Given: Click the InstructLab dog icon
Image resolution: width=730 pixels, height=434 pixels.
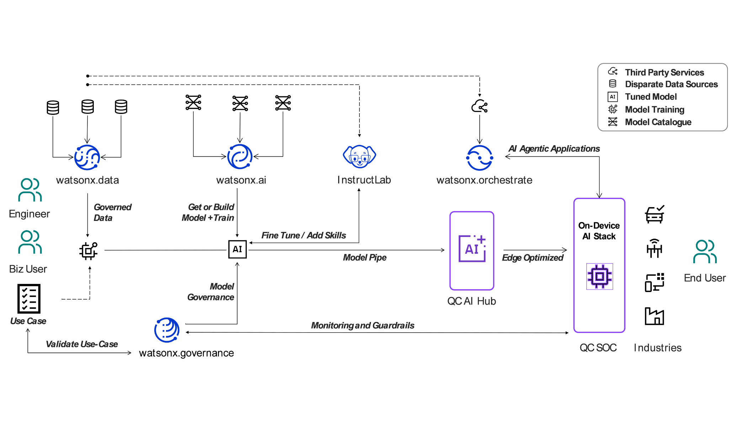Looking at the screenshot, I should pyautogui.click(x=359, y=156).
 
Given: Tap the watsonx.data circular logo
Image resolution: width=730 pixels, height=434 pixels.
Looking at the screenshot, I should pyautogui.click(x=87, y=157).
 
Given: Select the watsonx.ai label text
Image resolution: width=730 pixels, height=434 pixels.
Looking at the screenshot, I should pyautogui.click(x=241, y=180).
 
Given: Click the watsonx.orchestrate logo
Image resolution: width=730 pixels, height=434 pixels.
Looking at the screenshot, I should pyautogui.click(x=480, y=158).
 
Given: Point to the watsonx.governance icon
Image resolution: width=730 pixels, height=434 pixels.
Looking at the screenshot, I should pyautogui.click(x=167, y=330).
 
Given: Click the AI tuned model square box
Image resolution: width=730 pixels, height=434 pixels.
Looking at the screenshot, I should pyautogui.click(x=237, y=249).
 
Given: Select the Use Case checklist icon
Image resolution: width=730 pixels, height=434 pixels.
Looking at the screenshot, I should pyautogui.click(x=29, y=299).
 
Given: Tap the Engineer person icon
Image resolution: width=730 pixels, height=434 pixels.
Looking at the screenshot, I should pyautogui.click(x=30, y=190).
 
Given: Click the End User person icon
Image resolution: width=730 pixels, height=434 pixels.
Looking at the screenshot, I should pyautogui.click(x=705, y=252).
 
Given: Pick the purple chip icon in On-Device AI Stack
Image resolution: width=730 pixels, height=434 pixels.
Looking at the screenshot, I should pyautogui.click(x=600, y=276).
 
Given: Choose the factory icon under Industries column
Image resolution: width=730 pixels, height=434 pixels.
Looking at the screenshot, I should pyautogui.click(x=654, y=316).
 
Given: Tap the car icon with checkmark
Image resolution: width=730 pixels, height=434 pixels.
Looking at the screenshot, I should pyautogui.click(x=654, y=214).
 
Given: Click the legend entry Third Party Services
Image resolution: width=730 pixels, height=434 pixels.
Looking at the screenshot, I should pyautogui.click(x=664, y=73).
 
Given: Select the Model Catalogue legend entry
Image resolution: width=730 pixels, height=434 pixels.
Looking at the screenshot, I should pyautogui.click(x=658, y=122).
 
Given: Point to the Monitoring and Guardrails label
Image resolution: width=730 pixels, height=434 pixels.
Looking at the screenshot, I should pyautogui.click(x=362, y=325).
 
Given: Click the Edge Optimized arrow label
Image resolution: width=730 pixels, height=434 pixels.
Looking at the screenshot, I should pyautogui.click(x=532, y=258).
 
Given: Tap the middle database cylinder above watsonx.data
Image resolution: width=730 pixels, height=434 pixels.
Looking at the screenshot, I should pyautogui.click(x=87, y=106).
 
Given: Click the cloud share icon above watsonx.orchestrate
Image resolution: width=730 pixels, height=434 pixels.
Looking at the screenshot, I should pyautogui.click(x=479, y=106).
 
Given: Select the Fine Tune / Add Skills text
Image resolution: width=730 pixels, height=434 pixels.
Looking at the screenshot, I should pyautogui.click(x=303, y=235).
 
